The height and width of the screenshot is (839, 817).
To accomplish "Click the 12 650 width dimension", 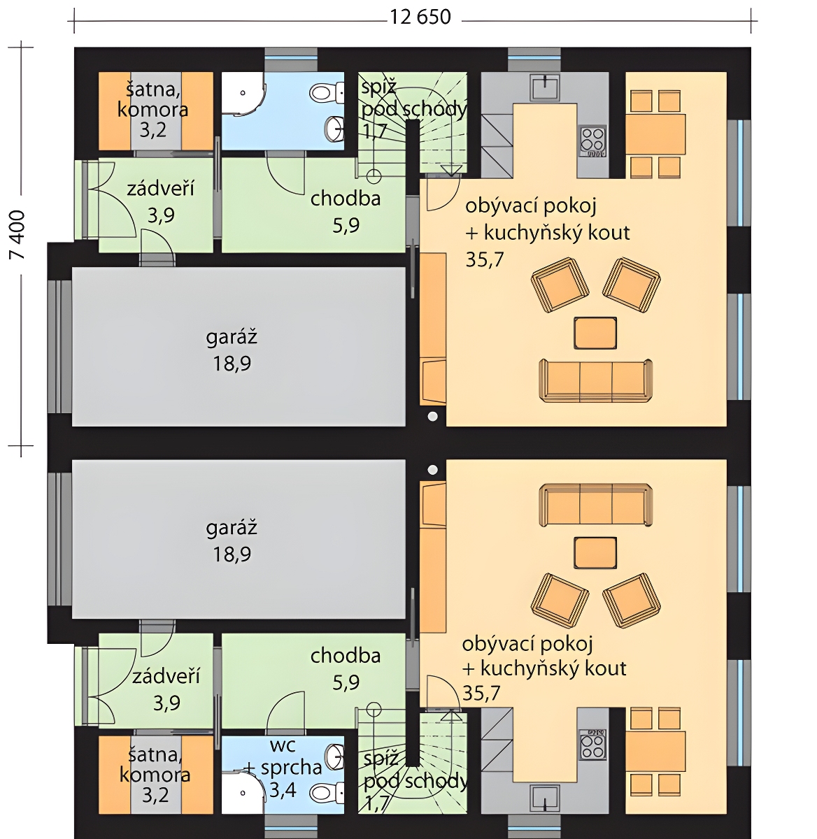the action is pyautogui.click(x=420, y=17).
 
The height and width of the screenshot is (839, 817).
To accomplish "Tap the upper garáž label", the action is pyautogui.click(x=232, y=337).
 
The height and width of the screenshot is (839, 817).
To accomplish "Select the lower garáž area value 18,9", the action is pyautogui.click(x=232, y=554).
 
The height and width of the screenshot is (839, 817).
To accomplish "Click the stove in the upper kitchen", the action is pyautogui.click(x=592, y=141).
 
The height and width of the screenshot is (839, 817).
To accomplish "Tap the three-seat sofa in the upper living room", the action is pyautogui.click(x=596, y=380).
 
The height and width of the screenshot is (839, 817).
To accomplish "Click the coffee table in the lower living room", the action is pyautogui.click(x=595, y=553).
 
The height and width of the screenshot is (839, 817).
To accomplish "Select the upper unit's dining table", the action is pyautogui.click(x=655, y=134).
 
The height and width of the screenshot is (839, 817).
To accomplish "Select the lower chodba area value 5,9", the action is pyautogui.click(x=346, y=682).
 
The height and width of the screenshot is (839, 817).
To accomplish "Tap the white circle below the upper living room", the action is pyautogui.click(x=433, y=417).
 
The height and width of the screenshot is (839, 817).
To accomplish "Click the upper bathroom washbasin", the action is pyautogui.click(x=335, y=129).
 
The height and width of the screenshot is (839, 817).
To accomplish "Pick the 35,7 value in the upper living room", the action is pyautogui.click(x=485, y=260).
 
